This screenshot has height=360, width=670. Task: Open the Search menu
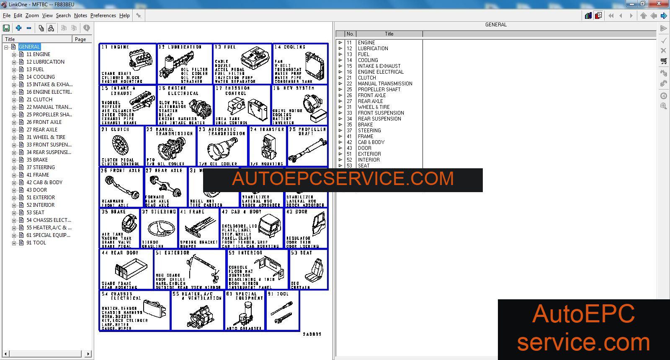point(63,15)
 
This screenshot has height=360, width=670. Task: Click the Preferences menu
point(103,15)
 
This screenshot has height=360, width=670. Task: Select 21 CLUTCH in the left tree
point(39,100)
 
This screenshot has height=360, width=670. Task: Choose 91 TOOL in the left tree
point(36,243)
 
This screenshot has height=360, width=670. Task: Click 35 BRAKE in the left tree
point(37,160)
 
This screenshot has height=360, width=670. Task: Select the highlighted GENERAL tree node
point(29,47)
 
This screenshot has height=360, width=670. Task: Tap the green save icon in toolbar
point(6,28)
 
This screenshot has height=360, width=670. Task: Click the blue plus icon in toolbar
point(18,28)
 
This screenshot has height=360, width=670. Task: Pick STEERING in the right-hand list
point(369,131)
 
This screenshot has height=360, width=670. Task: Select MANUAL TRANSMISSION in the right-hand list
point(385,84)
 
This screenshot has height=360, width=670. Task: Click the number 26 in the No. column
point(349,95)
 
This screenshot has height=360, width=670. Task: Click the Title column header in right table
point(389,34)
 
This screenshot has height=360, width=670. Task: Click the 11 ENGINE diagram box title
point(116,47)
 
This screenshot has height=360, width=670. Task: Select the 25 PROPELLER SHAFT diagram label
point(307,131)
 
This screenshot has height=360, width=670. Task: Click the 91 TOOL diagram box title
point(278,294)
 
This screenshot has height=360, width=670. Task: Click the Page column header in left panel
point(80,39)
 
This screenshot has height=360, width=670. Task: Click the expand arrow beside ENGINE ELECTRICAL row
point(340,72)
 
